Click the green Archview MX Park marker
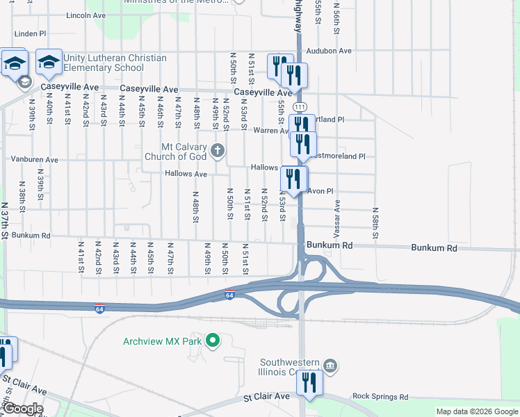(213, 341)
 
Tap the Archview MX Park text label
(162, 341)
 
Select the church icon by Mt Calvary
(218, 150)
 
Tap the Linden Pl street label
(30, 33)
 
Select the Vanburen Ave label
(34, 159)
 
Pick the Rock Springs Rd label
(380, 397)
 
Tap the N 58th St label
(375, 223)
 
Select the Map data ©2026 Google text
(477, 411)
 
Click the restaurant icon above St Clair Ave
(309, 382)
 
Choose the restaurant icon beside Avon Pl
(293, 179)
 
